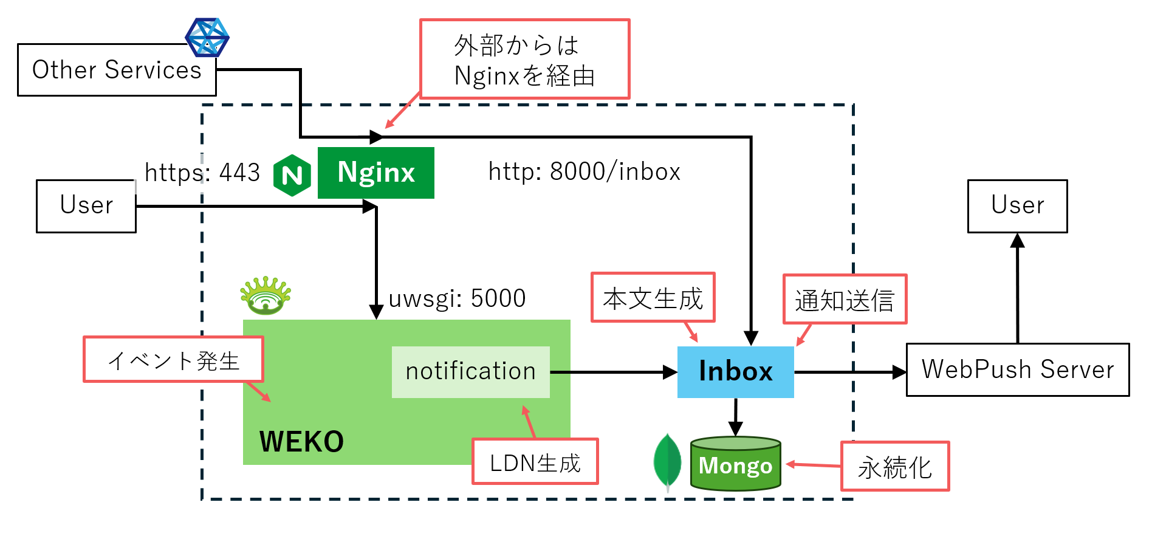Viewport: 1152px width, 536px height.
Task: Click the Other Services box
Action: pyautogui.click(x=117, y=70)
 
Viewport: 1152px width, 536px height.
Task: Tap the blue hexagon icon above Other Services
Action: pyautogui.click(x=207, y=37)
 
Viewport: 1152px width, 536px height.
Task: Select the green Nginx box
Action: pyautogui.click(x=375, y=173)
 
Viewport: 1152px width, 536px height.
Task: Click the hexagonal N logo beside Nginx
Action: pyautogui.click(x=292, y=176)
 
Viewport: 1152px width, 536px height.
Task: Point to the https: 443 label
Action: pyautogui.click(x=202, y=173)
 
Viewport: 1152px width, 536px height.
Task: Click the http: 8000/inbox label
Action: pyautogui.click(x=584, y=172)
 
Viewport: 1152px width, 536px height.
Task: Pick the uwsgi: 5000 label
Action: pyautogui.click(x=457, y=298)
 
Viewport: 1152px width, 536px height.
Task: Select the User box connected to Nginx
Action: pyautogui.click(x=86, y=205)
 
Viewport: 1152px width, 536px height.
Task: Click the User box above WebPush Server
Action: pyautogui.click(x=1017, y=205)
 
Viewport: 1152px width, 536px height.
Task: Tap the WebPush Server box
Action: pyautogui.click(x=1017, y=369)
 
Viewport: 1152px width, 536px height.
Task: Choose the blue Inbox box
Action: pyautogui.click(x=735, y=371)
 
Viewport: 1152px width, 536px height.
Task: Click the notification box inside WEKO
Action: pyautogui.click(x=470, y=371)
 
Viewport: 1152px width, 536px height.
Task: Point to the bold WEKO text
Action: pyautogui.click(x=301, y=442)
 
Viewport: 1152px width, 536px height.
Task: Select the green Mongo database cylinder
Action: pyautogui.click(x=735, y=464)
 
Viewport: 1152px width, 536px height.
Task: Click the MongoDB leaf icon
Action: pyautogui.click(x=667, y=461)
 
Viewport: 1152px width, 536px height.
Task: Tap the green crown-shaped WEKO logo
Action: pyautogui.click(x=266, y=296)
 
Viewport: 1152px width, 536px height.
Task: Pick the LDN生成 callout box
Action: pyautogui.click(x=535, y=462)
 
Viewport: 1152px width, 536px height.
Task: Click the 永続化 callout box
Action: pyautogui.click(x=894, y=467)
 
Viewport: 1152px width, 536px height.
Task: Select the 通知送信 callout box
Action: pyautogui.click(x=845, y=300)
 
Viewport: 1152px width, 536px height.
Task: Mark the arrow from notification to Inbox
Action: pyautogui.click(x=614, y=372)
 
